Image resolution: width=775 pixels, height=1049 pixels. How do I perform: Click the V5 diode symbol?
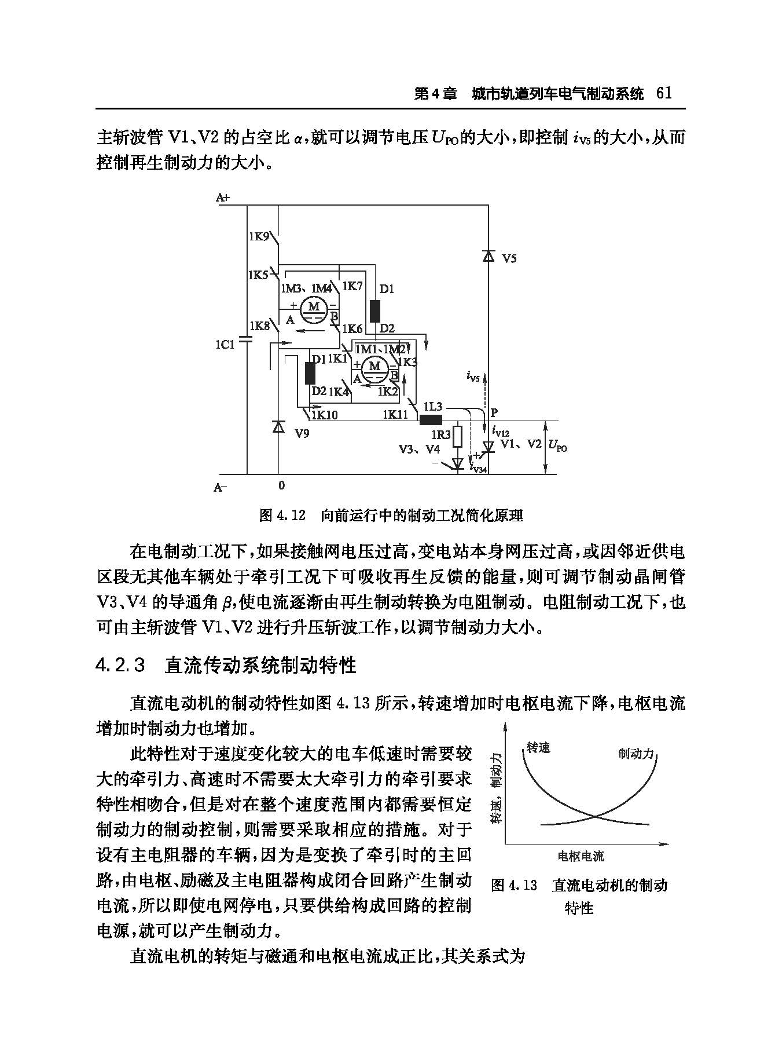point(488,255)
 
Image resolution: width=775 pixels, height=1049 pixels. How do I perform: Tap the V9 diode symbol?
point(278,427)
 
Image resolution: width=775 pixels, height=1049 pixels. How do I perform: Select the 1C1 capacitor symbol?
point(247,338)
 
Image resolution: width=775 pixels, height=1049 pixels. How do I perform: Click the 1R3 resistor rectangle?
point(457,436)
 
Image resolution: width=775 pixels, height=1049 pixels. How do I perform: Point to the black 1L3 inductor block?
point(431,420)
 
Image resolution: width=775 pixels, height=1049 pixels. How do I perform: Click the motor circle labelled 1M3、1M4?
point(314,307)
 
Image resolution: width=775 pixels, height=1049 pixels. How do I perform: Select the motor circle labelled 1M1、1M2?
point(374,367)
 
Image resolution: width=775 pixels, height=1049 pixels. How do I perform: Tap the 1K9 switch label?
point(259,236)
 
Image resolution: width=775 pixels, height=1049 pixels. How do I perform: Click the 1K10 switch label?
point(324,415)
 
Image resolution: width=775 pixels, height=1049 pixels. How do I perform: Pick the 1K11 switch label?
point(395,415)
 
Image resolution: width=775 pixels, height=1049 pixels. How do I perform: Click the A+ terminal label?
point(223,198)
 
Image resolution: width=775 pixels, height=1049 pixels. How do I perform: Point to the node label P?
point(494,413)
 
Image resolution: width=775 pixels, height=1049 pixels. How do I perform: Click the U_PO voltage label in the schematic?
point(557,446)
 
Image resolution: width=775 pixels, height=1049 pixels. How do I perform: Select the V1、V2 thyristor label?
point(521,444)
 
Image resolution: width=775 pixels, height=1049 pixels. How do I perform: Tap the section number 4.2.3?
point(120,665)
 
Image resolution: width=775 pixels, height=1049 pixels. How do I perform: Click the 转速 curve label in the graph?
point(538,748)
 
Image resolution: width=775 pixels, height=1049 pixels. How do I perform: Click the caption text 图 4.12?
point(282,515)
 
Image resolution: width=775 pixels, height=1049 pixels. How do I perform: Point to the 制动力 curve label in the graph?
point(636,754)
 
